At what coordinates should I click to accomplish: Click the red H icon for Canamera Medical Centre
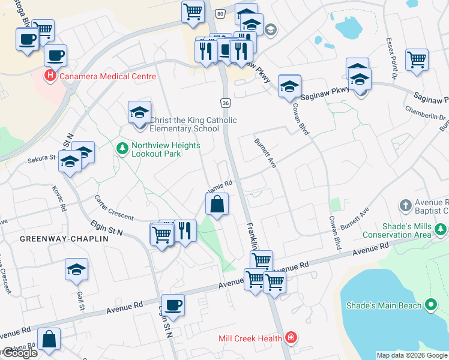50,76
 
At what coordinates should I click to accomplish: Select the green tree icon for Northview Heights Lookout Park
122,147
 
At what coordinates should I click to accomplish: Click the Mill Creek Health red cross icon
291,338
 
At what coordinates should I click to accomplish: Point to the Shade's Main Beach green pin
430,305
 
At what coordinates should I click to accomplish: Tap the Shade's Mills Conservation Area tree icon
441,230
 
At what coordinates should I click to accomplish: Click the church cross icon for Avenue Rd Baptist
406,205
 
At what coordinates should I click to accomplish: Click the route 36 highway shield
225,103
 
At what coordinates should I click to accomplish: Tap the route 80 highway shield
220,13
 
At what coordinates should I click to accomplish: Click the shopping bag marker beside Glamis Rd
217,204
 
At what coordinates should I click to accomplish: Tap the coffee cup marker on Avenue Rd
173,305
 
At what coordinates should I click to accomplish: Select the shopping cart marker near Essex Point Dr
417,59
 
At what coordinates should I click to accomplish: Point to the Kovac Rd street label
62,199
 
